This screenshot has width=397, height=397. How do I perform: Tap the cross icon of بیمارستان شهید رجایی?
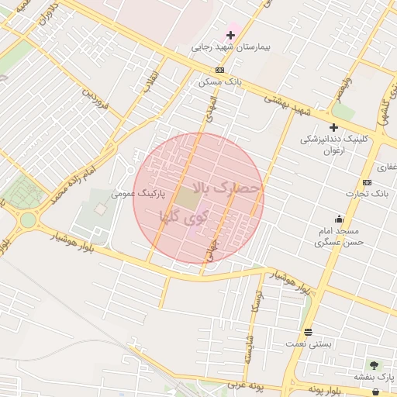click(x=230, y=35)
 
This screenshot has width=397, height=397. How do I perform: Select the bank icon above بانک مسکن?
click(x=220, y=70)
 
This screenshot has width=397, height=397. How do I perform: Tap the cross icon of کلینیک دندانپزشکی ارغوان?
click(x=333, y=127)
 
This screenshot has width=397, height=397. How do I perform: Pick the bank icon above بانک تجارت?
click(x=367, y=182)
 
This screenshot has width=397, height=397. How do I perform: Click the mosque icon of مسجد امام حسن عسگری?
click(x=338, y=219)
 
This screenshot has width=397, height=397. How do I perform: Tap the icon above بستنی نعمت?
click(x=309, y=332)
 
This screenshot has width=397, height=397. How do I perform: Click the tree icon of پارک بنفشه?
click(x=375, y=364)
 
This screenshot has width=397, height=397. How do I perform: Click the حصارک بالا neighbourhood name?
click(x=229, y=188)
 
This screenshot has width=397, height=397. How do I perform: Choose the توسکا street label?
click(x=254, y=306)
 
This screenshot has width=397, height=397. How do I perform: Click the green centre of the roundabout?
click(x=28, y=220)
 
